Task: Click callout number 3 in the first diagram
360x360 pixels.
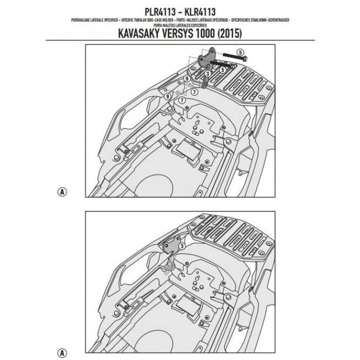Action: point(207,74)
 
